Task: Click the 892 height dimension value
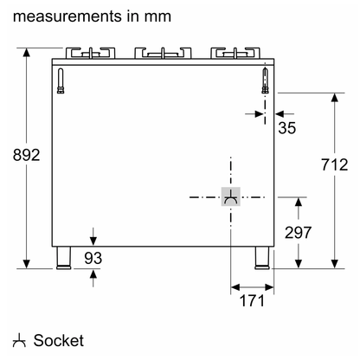(x=26, y=155)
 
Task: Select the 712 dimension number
(x=335, y=164)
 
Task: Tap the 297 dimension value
(x=299, y=233)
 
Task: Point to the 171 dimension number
(x=252, y=300)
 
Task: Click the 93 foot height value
(x=93, y=258)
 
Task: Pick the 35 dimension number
(x=287, y=128)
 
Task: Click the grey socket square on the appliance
(x=231, y=196)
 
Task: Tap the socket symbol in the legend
(x=19, y=340)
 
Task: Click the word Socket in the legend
(x=59, y=340)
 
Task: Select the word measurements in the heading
(x=67, y=16)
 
